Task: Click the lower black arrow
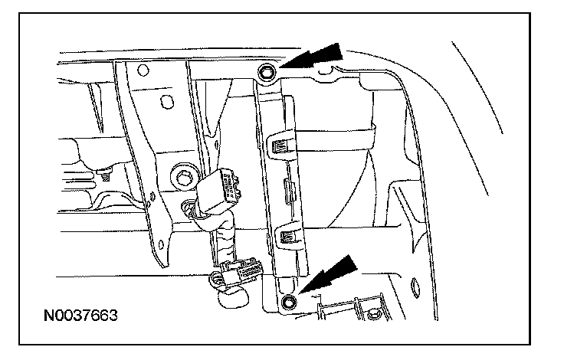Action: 331,274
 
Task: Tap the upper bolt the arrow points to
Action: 266,73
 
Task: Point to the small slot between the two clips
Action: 286,188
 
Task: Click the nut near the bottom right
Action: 375,313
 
